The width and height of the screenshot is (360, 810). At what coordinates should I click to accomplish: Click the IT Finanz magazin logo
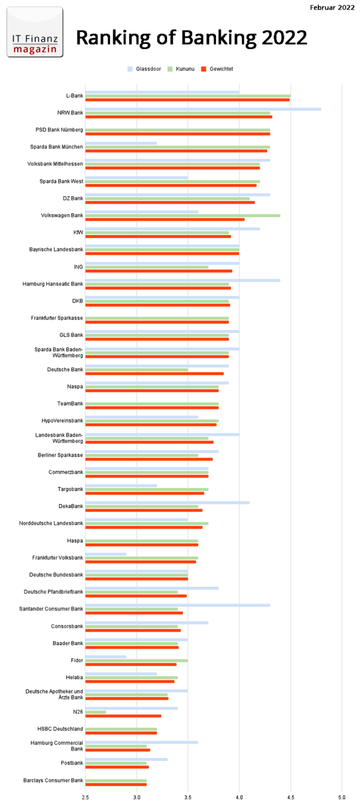(35, 32)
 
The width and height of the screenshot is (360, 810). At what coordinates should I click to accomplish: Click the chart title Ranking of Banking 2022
(191, 38)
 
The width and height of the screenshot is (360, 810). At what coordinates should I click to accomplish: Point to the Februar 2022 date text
(332, 7)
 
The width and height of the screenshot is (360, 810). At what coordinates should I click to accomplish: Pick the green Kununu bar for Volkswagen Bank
(182, 215)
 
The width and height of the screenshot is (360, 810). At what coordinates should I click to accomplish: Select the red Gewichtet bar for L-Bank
(187, 100)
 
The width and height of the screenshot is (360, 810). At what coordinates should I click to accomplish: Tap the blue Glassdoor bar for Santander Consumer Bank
(177, 605)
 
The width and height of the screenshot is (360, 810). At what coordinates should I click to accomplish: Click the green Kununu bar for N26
(95, 712)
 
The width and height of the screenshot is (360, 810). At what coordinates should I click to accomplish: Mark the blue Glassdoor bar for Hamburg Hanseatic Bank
(182, 281)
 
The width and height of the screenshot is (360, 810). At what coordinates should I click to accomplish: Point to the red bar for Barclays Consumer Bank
(116, 784)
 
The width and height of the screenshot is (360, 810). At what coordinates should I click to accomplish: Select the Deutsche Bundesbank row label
(56, 575)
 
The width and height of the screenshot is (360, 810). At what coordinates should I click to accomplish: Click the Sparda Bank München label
(57, 147)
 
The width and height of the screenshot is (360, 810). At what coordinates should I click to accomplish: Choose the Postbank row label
(72, 763)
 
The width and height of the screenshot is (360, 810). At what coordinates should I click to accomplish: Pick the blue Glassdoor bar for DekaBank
(167, 503)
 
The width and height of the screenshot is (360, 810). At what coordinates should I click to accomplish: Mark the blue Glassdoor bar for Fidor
(105, 657)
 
